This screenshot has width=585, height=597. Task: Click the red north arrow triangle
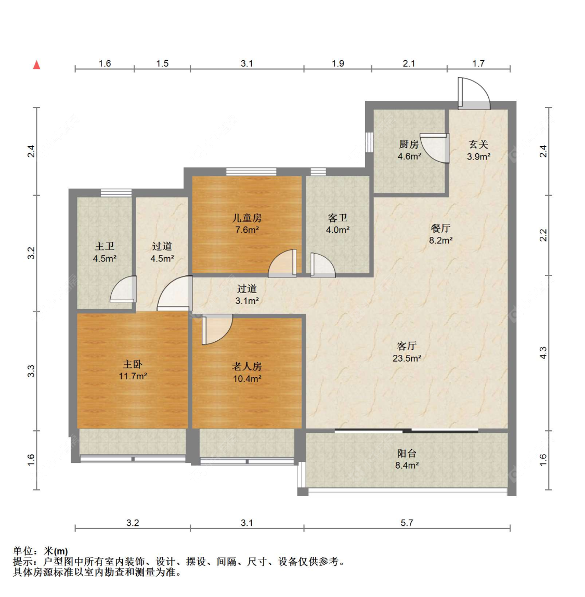pyautogui.click(x=36, y=65)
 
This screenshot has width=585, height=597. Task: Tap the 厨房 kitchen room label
pyautogui.click(x=409, y=144)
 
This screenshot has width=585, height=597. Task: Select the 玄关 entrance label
pyautogui.click(x=478, y=144)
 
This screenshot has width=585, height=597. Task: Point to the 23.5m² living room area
pyautogui.click(x=407, y=359)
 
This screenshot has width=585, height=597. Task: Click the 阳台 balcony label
pyautogui.click(x=407, y=454)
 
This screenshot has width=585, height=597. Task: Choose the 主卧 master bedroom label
pyautogui.click(x=133, y=364)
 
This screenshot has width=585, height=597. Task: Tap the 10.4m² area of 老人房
pyautogui.click(x=247, y=379)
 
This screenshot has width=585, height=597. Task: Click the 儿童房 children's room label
pyautogui.click(x=247, y=218)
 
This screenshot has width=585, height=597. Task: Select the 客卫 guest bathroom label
pyautogui.click(x=337, y=218)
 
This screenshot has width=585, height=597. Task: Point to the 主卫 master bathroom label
pyautogui.click(x=105, y=247)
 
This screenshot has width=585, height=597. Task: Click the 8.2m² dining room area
pyautogui.click(x=440, y=241)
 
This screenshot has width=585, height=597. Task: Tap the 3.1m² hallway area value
pyautogui.click(x=247, y=301)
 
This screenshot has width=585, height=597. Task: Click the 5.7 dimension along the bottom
pyautogui.click(x=407, y=523)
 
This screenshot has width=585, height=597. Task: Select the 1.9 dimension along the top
pyautogui.click(x=337, y=63)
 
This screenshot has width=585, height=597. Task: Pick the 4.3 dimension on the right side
pyautogui.click(x=543, y=353)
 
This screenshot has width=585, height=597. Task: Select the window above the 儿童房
pyautogui.click(x=251, y=171)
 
